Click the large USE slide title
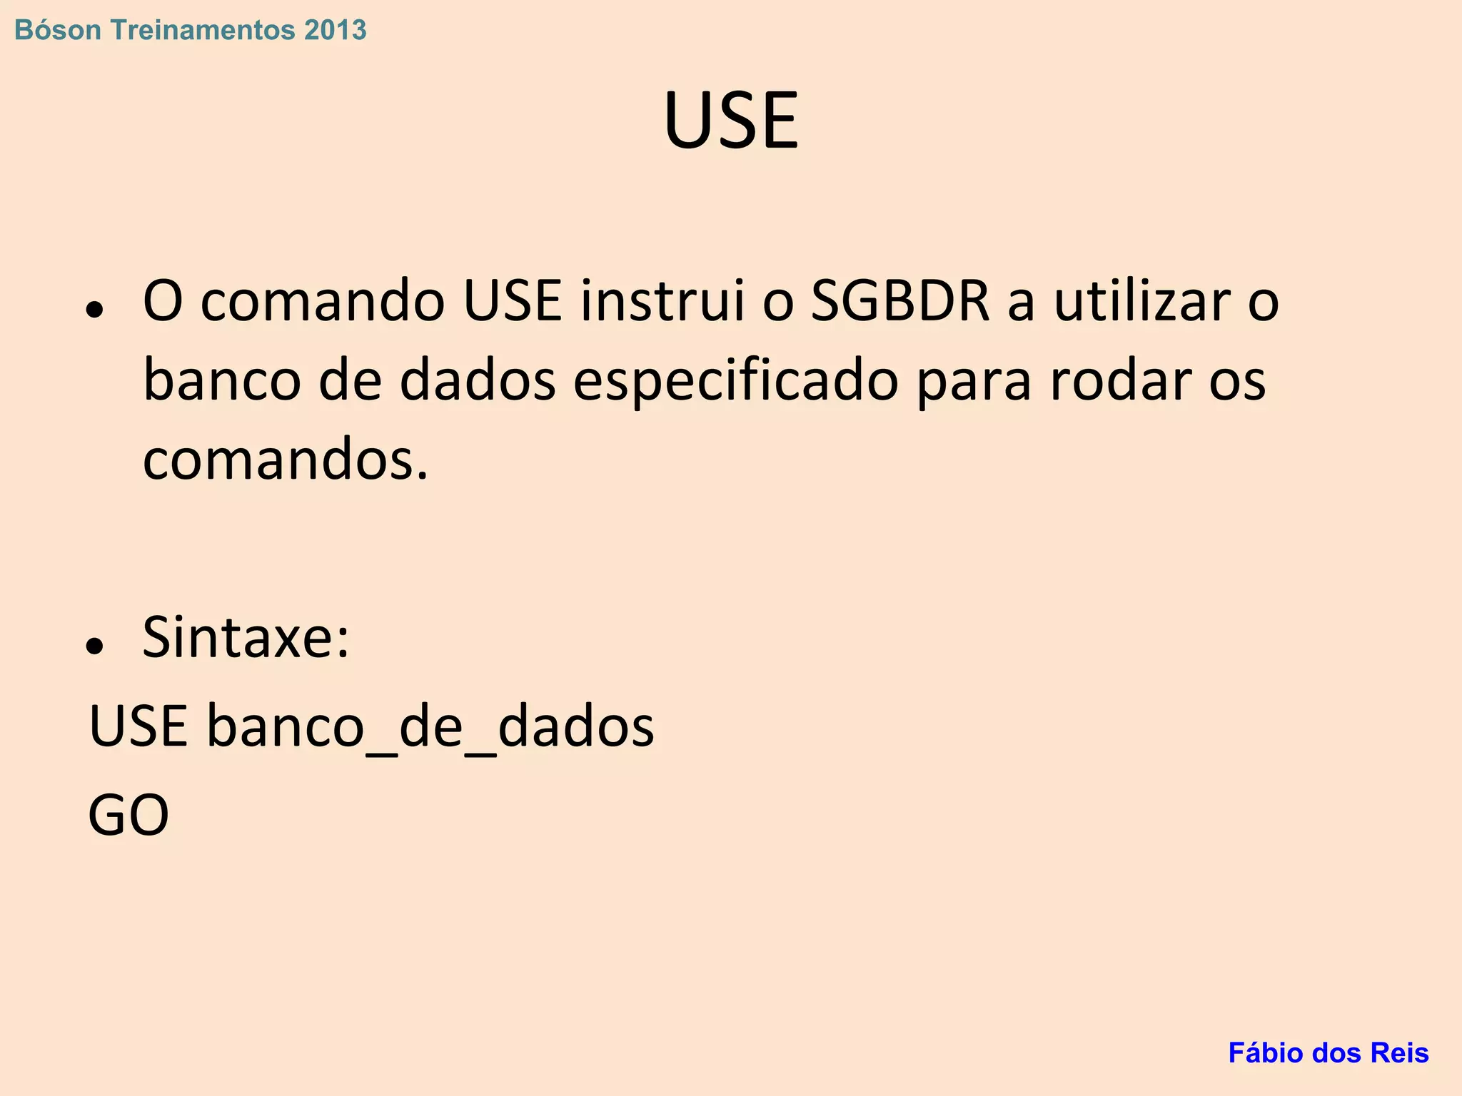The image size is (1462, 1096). coord(731,121)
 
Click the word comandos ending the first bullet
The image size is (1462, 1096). coord(286,460)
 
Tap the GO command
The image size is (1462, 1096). coord(128,815)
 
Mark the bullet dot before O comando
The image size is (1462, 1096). coord(94,309)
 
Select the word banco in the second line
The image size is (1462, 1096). coord(222,380)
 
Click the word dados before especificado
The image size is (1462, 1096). coord(478,380)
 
